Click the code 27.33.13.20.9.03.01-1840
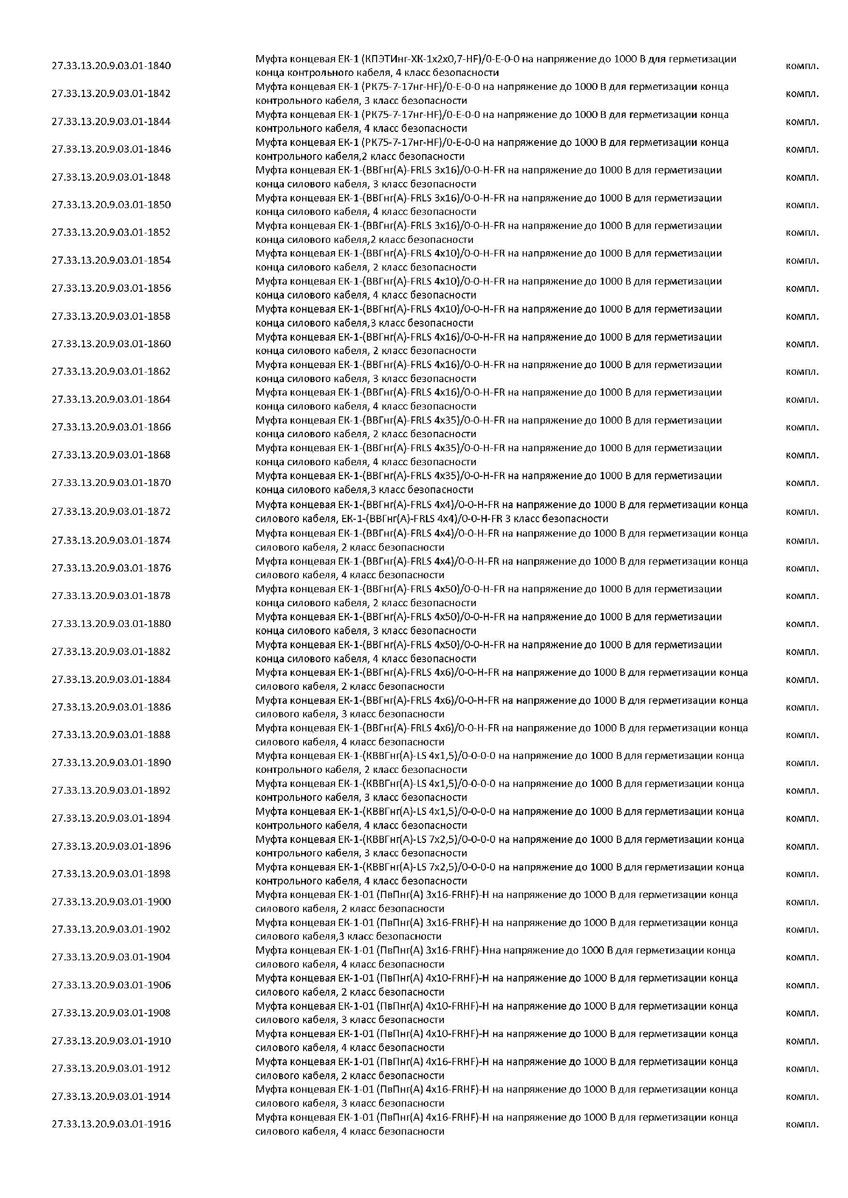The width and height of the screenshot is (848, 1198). coord(111,66)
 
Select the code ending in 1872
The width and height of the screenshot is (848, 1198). coord(111,512)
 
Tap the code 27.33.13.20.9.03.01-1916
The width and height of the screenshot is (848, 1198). coord(111,1124)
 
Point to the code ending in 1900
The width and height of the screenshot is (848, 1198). coord(111,901)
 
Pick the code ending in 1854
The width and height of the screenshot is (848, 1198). coord(111,260)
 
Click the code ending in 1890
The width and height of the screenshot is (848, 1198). coord(111,762)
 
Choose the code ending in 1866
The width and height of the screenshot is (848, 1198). coord(111,427)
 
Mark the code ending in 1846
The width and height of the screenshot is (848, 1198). coord(111,149)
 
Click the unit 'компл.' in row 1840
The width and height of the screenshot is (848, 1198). coord(802,66)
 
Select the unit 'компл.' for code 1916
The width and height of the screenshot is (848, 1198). coord(802,1125)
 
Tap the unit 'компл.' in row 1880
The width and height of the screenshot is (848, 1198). coord(802,624)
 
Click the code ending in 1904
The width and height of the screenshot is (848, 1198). coord(111,957)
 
